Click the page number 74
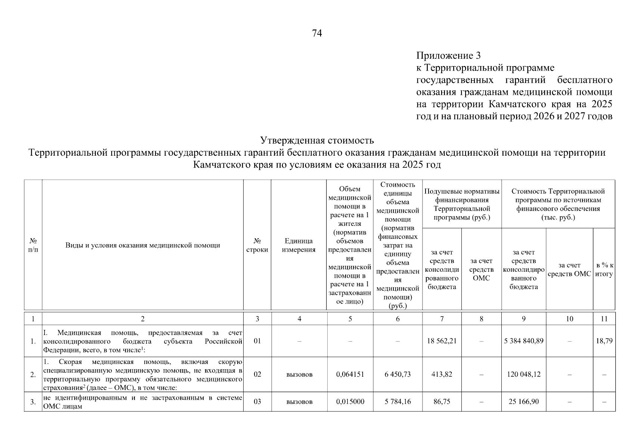point(316,34)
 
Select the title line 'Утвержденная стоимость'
point(317,141)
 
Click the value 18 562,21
point(442,341)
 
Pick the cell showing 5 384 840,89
point(523,341)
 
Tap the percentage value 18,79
point(604,341)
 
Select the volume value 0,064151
point(350,374)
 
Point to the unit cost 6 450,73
point(398,374)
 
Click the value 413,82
point(442,374)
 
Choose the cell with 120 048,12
point(523,374)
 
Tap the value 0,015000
point(350,402)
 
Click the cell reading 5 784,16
point(398,402)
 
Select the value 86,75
point(442,402)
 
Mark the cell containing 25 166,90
point(523,402)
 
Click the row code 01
point(257,341)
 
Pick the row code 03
point(257,402)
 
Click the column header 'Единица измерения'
point(299,245)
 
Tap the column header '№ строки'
point(257,245)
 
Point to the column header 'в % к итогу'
point(604,270)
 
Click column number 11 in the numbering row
point(604,319)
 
